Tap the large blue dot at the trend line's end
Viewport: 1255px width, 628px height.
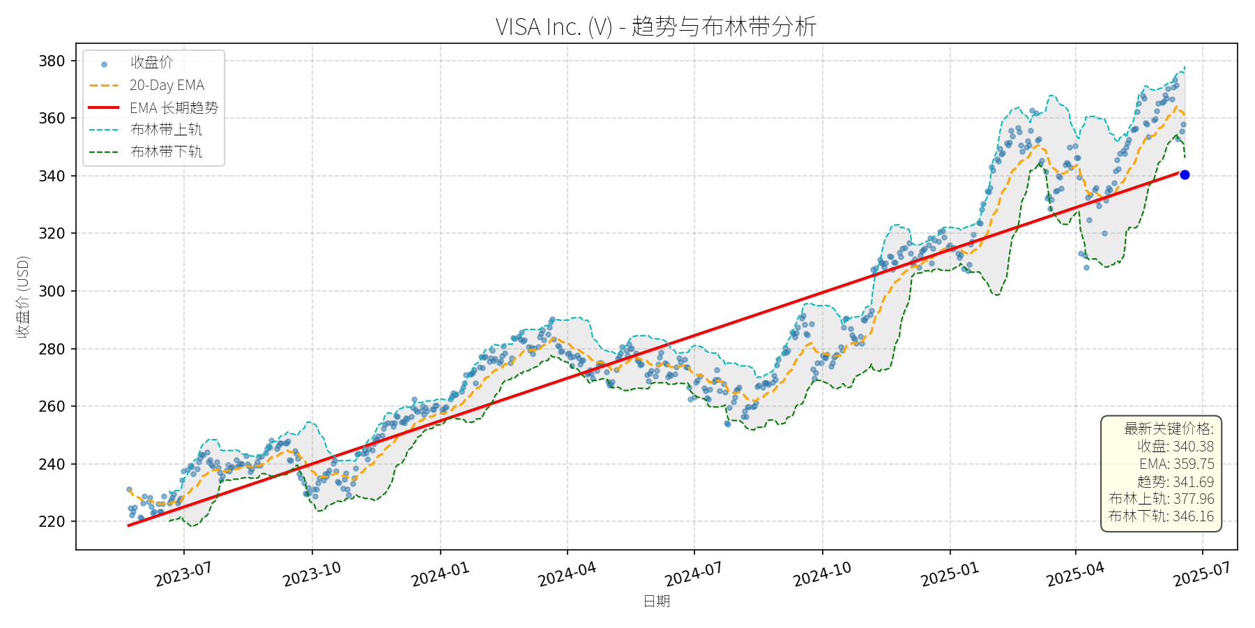pyautogui.click(x=1185, y=175)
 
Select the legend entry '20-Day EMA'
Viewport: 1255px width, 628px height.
pyautogui.click(x=167, y=85)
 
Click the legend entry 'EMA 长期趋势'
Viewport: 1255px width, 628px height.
pyautogui.click(x=174, y=107)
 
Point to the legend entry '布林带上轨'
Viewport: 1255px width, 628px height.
pyautogui.click(x=166, y=130)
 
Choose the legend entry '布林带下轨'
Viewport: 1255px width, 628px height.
pyautogui.click(x=166, y=151)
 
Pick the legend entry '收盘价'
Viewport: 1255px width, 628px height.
pyautogui.click(x=151, y=63)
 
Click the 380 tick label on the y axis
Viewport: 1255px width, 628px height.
pyautogui.click(x=52, y=61)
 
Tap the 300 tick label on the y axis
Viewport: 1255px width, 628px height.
pyautogui.click(x=52, y=291)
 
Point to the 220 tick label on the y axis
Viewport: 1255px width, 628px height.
pyautogui.click(x=52, y=521)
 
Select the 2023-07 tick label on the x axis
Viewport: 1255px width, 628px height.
pyautogui.click(x=183, y=575)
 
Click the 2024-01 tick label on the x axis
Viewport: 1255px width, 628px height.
pyautogui.click(x=440, y=575)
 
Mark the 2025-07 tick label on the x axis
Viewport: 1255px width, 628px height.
pyautogui.click(x=1201, y=575)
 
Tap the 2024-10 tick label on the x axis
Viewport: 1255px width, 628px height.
pyautogui.click(x=822, y=575)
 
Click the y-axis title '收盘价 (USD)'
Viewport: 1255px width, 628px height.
pyautogui.click(x=23, y=297)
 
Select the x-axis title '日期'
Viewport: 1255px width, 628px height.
pyautogui.click(x=656, y=601)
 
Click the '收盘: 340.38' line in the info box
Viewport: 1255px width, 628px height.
pyautogui.click(x=1176, y=447)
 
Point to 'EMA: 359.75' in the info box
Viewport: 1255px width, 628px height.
pyautogui.click(x=1176, y=464)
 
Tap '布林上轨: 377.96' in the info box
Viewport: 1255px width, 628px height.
pyautogui.click(x=1161, y=499)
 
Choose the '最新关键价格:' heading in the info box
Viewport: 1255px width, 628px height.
pyautogui.click(x=1169, y=428)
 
